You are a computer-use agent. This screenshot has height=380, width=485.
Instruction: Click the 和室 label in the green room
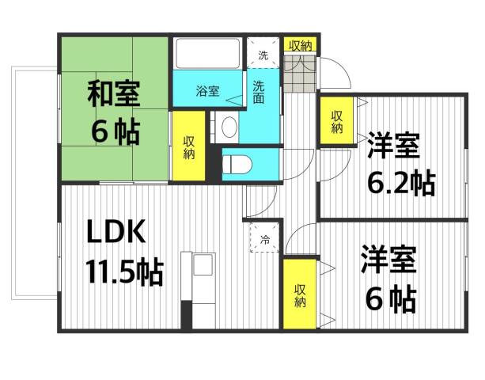click(x=113, y=95)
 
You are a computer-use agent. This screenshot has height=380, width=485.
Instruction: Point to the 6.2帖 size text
click(x=400, y=184)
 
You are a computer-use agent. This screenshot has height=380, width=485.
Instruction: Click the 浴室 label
click(x=208, y=92)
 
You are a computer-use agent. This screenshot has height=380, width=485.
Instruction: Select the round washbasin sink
click(x=228, y=127)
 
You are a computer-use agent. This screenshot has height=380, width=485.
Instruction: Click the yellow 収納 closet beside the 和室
click(x=188, y=147)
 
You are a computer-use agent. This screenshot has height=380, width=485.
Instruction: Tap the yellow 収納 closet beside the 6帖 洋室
click(x=300, y=295)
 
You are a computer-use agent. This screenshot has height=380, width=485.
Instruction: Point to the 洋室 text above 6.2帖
click(x=393, y=147)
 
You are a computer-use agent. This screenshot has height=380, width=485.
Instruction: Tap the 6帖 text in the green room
click(x=116, y=131)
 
